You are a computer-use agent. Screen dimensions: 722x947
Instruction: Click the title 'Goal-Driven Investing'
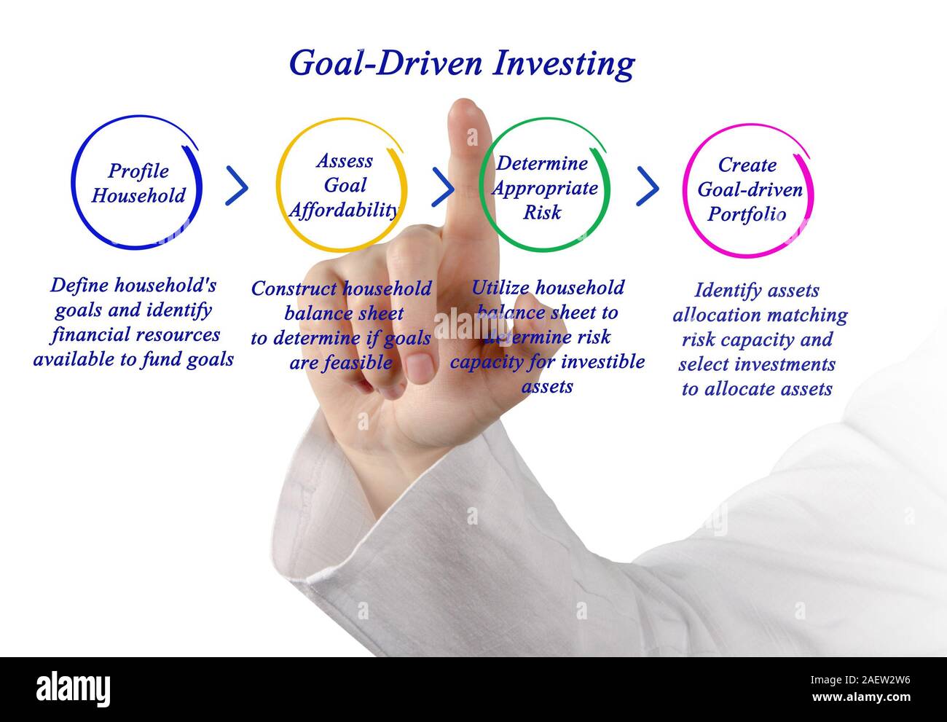(461, 64)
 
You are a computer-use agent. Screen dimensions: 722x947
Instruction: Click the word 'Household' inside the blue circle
(138, 196)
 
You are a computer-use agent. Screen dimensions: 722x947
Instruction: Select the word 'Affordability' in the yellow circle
(343, 211)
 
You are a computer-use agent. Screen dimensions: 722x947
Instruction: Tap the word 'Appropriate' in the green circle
(545, 188)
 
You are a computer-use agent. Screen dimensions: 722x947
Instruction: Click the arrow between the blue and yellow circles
(237, 186)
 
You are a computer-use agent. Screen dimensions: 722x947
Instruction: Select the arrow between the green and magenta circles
(648, 187)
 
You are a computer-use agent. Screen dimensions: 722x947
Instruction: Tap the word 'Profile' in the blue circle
(138, 171)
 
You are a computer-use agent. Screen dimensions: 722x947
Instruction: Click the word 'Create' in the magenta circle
(747, 165)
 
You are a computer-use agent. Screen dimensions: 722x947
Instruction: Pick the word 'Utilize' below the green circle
(499, 288)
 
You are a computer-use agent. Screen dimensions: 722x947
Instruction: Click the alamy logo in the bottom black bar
(73, 689)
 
